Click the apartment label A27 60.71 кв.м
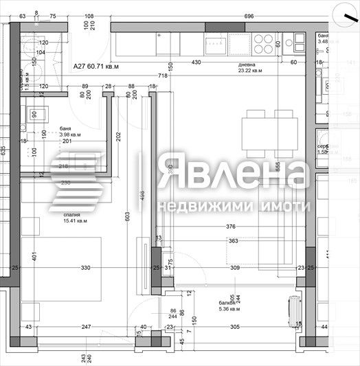click(96, 67)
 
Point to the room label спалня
click(54, 214)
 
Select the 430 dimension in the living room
click(196, 62)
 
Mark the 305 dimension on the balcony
click(234, 328)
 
